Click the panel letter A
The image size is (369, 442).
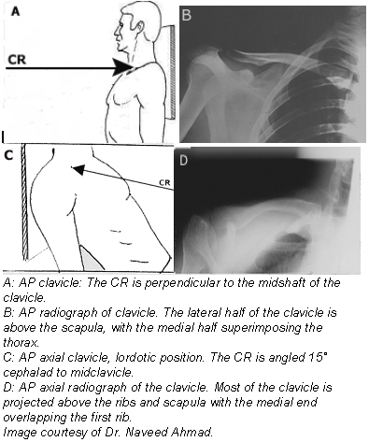(x=16, y=12)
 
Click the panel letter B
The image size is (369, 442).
(x=186, y=15)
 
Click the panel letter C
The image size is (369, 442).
(x=9, y=156)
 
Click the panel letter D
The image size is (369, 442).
(x=184, y=160)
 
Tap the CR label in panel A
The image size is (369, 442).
(x=21, y=59)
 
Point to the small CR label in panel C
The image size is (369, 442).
(x=164, y=182)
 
